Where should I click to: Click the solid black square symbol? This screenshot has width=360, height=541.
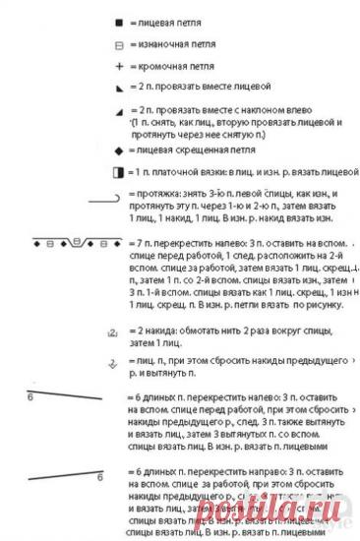click(118, 22)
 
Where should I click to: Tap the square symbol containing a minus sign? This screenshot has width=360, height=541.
click(118, 45)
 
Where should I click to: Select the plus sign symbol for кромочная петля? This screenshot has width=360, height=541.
click(118, 66)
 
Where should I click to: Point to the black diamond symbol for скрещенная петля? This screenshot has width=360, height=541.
click(118, 150)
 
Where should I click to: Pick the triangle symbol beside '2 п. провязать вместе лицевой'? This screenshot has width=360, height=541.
click(118, 89)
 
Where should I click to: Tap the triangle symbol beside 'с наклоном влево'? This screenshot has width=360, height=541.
click(118, 111)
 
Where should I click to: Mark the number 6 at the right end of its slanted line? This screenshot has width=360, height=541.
click(100, 477)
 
